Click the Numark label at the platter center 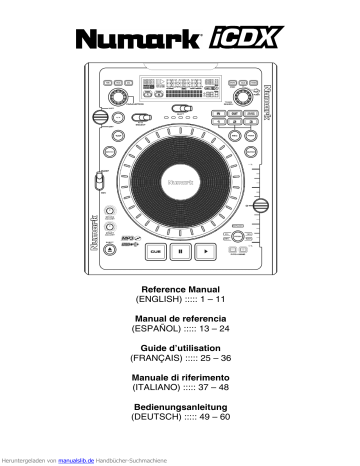click(181, 183)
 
